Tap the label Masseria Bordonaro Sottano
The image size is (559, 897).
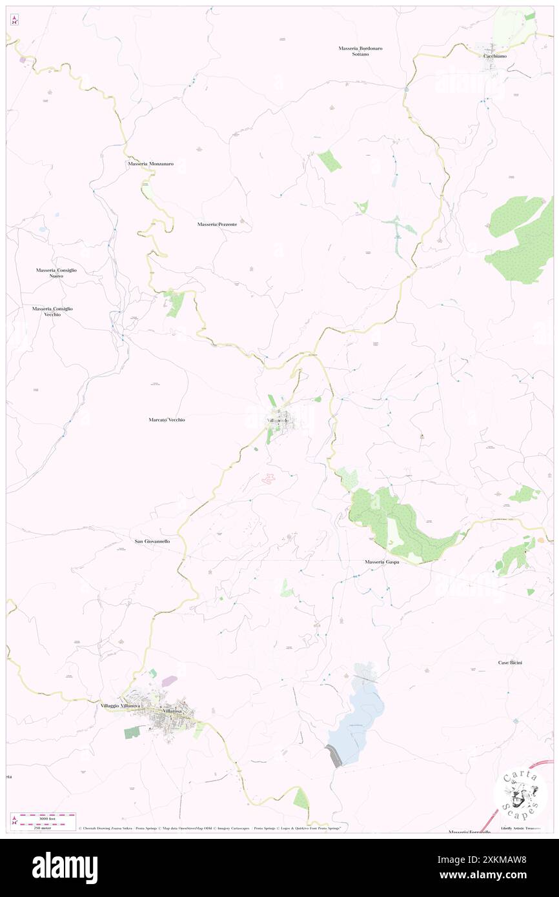[361, 51]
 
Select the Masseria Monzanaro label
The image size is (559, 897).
[150, 164]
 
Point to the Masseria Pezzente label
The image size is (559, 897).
[218, 224]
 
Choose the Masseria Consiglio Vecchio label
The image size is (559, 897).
[52, 311]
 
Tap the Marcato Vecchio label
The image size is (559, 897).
[167, 419]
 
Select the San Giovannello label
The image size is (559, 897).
[152, 541]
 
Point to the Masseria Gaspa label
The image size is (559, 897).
[381, 562]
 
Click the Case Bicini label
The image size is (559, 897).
[510, 663]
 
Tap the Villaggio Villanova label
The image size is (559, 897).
[120, 706]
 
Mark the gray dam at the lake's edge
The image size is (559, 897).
[334, 756]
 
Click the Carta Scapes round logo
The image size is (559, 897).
[520, 793]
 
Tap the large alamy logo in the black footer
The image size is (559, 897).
[65, 868]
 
